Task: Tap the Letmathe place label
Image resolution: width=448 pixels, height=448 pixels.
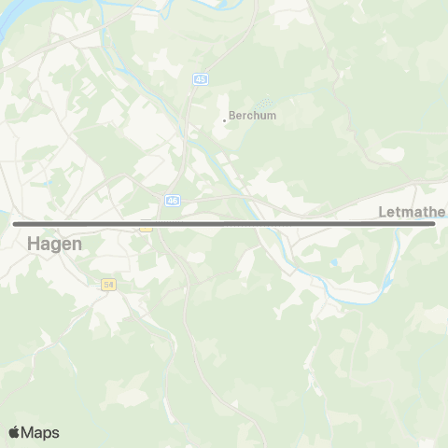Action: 413,212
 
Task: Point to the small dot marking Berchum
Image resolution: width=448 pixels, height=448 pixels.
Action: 224,119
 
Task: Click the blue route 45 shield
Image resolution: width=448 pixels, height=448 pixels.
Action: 200,79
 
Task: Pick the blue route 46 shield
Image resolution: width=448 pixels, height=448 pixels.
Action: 173,200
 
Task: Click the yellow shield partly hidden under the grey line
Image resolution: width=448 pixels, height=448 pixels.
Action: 145,227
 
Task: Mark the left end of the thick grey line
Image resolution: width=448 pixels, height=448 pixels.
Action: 15,224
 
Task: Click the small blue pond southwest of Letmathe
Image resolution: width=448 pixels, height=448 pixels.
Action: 333,263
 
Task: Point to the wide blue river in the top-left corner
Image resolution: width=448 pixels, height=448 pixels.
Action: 23,23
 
